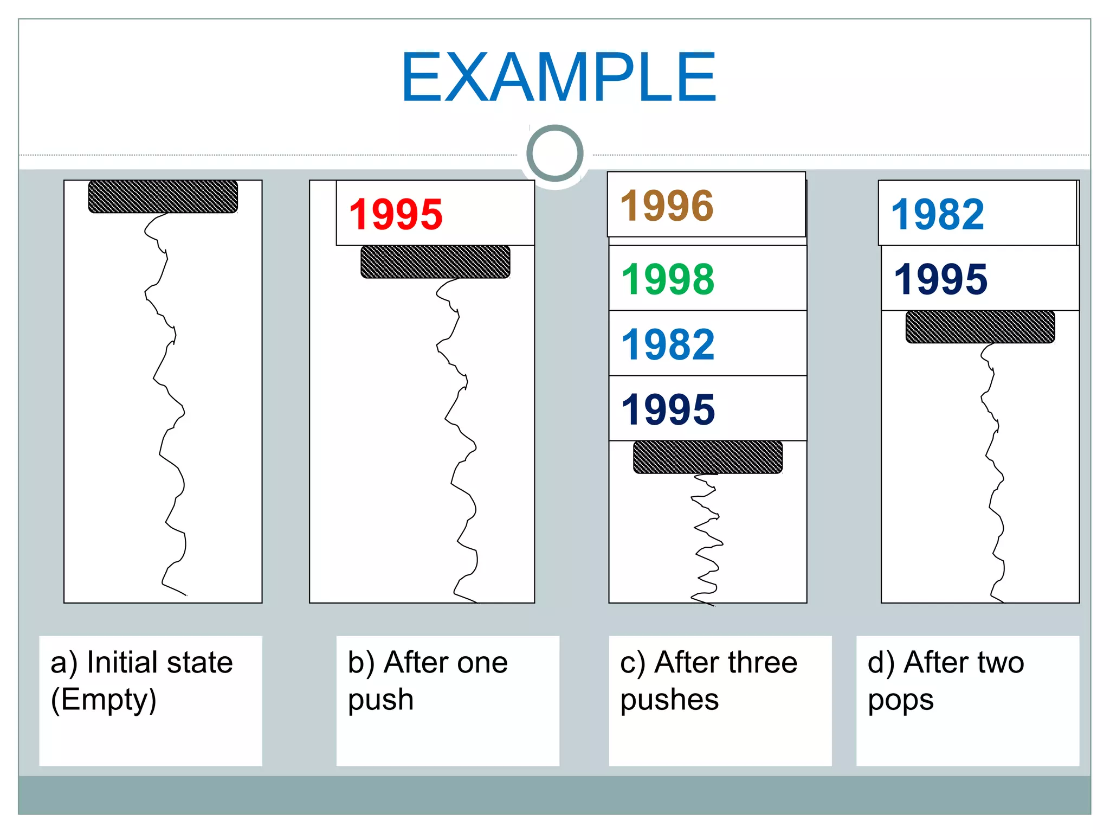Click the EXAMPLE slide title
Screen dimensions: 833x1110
[x=559, y=77]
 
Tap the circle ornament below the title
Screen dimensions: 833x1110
[x=554, y=153]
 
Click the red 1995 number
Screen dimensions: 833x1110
[x=396, y=215]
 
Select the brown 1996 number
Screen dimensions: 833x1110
[x=667, y=206]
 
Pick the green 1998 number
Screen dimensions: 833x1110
[x=668, y=279]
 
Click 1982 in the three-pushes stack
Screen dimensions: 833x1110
[x=668, y=345]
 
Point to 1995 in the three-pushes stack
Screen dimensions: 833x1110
[x=668, y=410]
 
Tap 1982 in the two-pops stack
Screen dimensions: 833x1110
[x=938, y=215]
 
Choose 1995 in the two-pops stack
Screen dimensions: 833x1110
[x=940, y=279]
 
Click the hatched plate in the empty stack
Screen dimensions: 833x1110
[x=163, y=196]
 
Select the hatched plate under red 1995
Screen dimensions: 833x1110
[x=435, y=262]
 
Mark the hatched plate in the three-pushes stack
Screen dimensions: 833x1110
[x=708, y=457]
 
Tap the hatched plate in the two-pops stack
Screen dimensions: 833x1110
[x=980, y=327]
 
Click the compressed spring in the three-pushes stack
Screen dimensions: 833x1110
[x=706, y=540]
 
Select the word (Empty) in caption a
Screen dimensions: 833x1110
[x=104, y=700]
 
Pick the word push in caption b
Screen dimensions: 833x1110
[x=380, y=700]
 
